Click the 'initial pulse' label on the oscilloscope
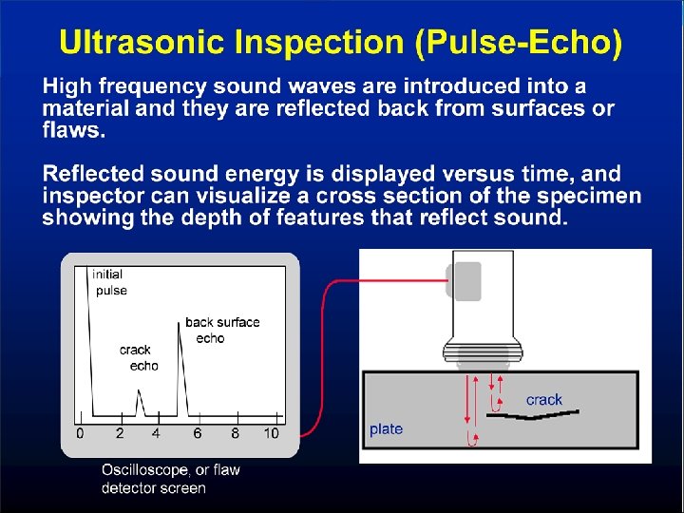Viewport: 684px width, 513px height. [109, 282]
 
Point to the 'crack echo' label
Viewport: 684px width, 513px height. [138, 357]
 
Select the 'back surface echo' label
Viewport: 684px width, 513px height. [220, 330]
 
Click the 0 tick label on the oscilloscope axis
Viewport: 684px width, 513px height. [80, 433]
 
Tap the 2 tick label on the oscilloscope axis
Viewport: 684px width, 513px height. [119, 433]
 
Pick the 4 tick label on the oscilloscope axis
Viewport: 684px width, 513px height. [157, 433]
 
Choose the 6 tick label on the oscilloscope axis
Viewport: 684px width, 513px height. [197, 433]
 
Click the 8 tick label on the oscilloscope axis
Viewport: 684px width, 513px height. [235, 433]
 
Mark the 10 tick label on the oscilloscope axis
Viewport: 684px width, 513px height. [272, 433]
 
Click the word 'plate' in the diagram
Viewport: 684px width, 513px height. [386, 429]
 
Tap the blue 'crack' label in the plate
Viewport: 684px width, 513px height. [543, 400]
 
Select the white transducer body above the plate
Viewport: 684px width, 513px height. [484, 294]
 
